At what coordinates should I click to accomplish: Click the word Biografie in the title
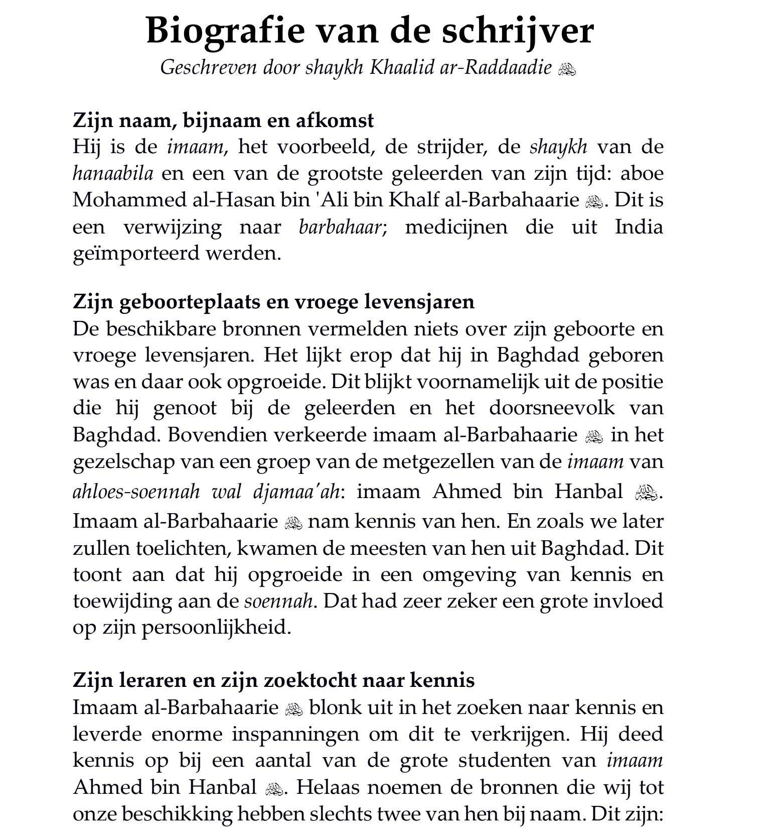[x=225, y=31]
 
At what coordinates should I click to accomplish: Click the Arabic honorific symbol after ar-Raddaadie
[x=567, y=69]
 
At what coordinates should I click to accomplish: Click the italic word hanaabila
[x=113, y=173]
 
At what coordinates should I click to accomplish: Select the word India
[x=639, y=227]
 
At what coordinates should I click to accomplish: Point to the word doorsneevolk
[x=552, y=407]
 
